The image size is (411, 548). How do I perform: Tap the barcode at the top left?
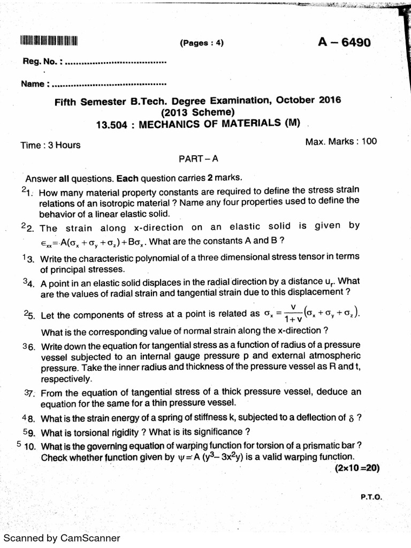click(49, 41)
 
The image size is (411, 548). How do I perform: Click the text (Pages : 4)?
click(201, 44)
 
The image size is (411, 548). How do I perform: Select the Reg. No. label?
click(42, 62)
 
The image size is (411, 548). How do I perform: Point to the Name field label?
click(35, 84)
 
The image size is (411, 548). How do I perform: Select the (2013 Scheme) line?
click(197, 112)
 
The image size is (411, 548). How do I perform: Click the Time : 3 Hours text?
click(50, 145)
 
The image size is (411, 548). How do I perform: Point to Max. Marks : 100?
click(340, 141)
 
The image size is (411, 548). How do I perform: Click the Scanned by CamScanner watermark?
click(62, 538)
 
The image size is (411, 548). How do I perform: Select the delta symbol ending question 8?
click(351, 418)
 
